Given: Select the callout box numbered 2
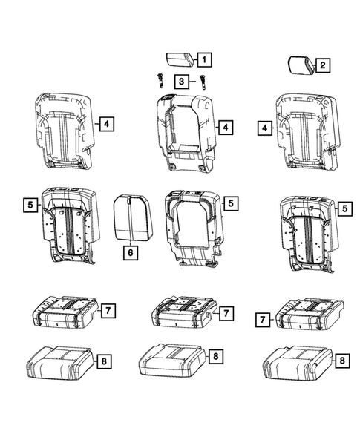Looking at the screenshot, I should (322, 66).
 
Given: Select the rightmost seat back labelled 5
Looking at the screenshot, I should (308, 228).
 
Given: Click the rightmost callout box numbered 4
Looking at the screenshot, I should (264, 128).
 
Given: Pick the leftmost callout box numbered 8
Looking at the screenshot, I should (105, 361).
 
